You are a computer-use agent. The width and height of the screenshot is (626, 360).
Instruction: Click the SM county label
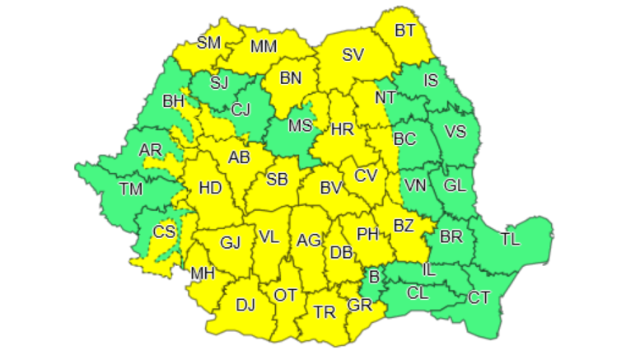[208, 43]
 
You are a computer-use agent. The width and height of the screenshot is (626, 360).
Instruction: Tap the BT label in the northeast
[405, 30]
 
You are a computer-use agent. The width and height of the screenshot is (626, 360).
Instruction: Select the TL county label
[511, 241]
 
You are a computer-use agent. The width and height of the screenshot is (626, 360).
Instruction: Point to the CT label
[479, 297]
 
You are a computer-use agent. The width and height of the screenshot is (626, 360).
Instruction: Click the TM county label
[130, 189]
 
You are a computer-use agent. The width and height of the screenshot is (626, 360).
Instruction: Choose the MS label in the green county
[300, 126]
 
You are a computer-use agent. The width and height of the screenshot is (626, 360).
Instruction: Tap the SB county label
[278, 179]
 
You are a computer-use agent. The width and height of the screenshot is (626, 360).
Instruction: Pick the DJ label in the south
[245, 306]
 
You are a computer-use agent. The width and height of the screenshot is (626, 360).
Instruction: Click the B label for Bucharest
[375, 277]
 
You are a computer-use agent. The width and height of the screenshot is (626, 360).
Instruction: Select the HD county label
[210, 188]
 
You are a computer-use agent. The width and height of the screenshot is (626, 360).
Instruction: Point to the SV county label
[353, 56]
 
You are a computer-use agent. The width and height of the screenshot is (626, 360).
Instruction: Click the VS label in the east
[455, 132]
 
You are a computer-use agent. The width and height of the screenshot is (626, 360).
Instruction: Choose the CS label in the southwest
[165, 231]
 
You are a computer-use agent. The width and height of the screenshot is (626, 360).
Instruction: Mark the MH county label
[203, 273]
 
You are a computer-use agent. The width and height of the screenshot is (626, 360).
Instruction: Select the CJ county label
[241, 109]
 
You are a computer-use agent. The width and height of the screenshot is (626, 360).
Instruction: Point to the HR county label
[342, 129]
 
